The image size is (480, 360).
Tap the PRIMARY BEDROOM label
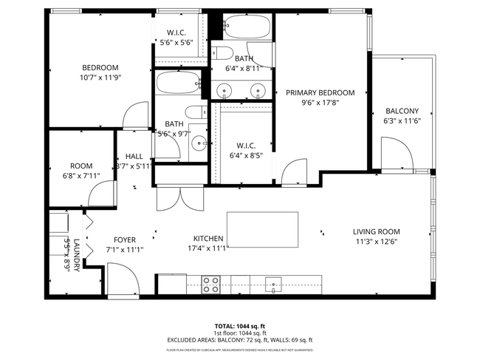[320, 93]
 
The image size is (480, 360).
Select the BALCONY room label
[401, 111]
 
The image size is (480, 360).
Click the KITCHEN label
[208, 239]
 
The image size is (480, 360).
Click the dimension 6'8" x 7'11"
[81, 176]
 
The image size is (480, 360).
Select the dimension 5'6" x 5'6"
[176, 43]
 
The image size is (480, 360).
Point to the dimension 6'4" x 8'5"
[246, 155]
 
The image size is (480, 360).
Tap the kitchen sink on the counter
[273, 283]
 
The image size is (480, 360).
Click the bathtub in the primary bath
[248, 27]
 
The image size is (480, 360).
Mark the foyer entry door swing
[123, 279]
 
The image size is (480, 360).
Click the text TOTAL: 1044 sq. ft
[240, 326]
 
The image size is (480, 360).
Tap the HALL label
[134, 157]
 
